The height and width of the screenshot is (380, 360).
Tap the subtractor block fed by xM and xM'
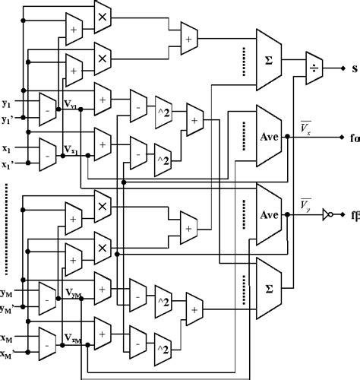click(x=46, y=344)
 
